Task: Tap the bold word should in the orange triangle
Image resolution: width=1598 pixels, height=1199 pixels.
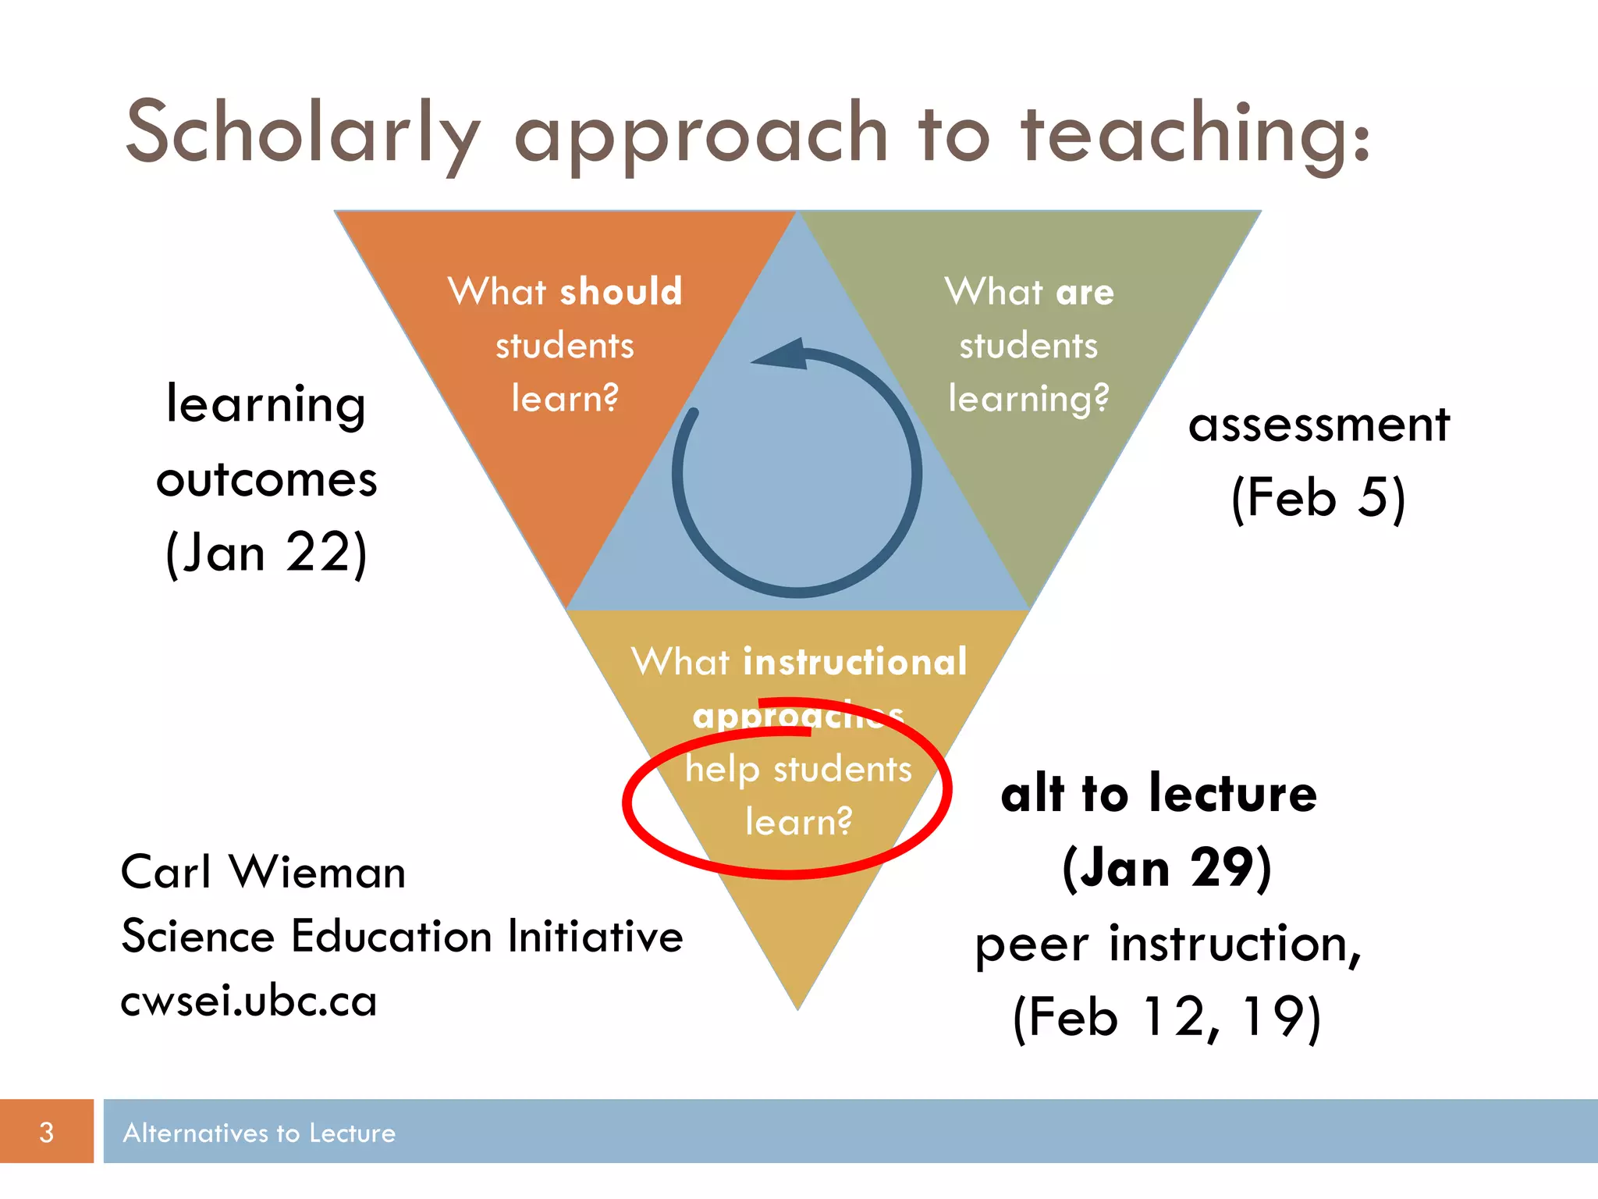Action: (621, 292)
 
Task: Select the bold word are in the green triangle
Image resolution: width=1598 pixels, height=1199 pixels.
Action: (1085, 293)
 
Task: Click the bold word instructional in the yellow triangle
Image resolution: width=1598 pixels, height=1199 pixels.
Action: (855, 662)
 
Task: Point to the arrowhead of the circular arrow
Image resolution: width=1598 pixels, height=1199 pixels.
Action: (780, 356)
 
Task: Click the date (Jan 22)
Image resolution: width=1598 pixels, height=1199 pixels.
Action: (266, 553)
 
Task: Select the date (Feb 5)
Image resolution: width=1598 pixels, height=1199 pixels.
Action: (1318, 497)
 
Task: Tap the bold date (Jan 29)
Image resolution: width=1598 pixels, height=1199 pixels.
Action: (1167, 868)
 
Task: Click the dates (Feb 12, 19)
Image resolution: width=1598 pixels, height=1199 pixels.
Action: (1167, 1017)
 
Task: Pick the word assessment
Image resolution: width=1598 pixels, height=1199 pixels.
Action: (1319, 425)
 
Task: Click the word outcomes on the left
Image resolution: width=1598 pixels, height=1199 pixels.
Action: (267, 479)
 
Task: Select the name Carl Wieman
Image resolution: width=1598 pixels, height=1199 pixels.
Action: (263, 872)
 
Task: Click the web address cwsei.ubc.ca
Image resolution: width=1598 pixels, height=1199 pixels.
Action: (249, 1002)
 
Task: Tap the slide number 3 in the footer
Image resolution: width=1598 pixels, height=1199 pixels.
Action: (47, 1132)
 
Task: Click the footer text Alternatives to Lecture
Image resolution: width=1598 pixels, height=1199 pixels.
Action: (259, 1133)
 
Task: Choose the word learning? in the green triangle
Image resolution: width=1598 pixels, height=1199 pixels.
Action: (1028, 399)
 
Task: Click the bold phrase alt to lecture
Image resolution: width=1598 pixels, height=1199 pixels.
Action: (1159, 794)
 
